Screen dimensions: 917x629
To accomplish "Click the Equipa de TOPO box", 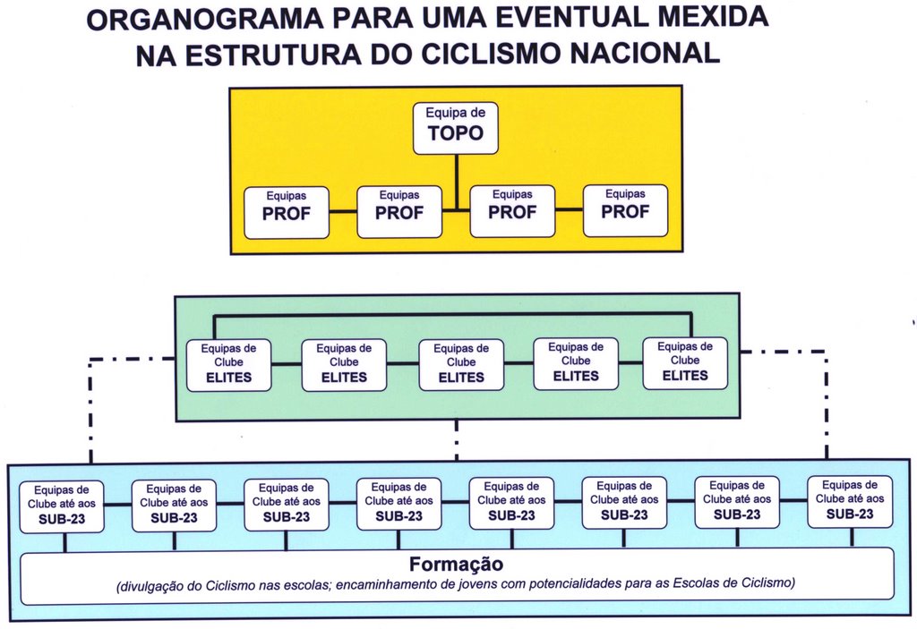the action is (456, 129).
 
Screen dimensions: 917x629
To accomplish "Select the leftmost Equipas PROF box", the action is (287, 213).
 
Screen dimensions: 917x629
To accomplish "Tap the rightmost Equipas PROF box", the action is (625, 210).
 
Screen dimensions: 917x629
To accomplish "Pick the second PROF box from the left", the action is (399, 212).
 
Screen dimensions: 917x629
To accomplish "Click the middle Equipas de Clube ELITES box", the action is (461, 365).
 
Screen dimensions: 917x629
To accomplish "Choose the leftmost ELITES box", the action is (228, 365).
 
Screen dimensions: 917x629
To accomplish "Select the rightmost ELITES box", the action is (685, 363).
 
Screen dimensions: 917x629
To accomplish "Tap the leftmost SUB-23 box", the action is (62, 506).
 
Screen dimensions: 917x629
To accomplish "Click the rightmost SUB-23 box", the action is (850, 502).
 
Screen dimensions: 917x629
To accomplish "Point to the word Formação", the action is (456, 564).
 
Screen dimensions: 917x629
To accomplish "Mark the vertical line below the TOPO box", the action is (456, 182).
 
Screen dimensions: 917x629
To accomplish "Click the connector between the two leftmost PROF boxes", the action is (343, 212).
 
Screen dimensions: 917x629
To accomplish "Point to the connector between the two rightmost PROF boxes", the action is (569, 209).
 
